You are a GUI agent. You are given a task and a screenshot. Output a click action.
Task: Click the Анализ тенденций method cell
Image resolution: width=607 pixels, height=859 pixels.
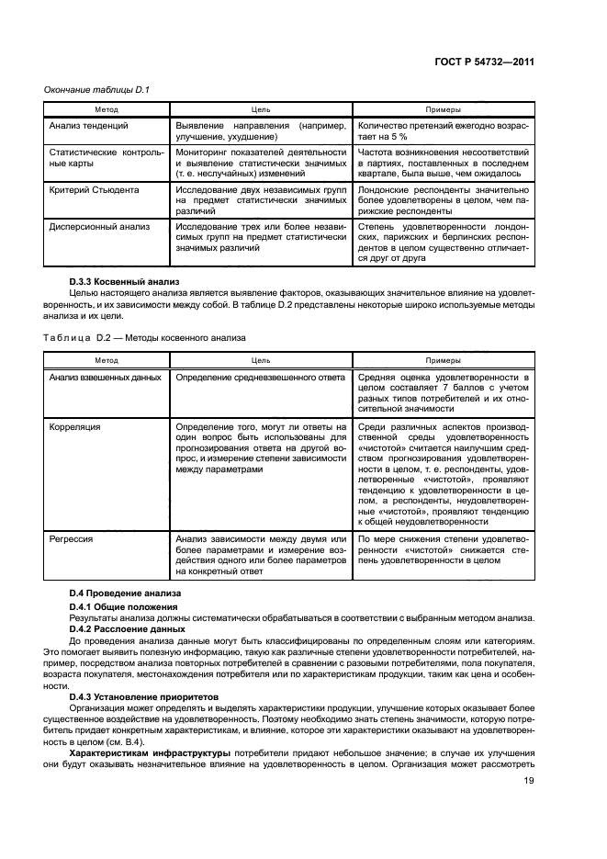tap(88, 125)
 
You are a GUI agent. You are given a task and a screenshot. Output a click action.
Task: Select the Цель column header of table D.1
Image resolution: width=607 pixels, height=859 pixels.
tap(261, 108)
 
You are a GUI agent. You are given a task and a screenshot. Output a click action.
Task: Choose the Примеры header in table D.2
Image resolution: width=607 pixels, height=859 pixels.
tap(443, 361)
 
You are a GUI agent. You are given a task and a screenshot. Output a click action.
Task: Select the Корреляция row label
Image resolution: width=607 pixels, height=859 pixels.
tap(75, 427)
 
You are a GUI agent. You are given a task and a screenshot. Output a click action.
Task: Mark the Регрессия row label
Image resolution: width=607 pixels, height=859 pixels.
tap(73, 538)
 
